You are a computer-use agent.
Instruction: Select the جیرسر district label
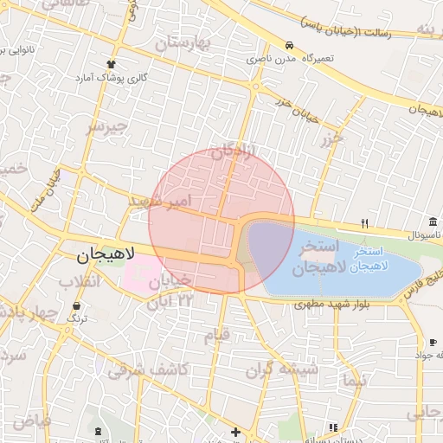[106, 127]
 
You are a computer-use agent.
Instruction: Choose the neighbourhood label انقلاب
[80, 282]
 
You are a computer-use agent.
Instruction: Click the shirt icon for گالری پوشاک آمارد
[110, 64]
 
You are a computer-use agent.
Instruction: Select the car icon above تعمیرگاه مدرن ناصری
[289, 46]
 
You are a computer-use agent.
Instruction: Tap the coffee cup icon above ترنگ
[77, 306]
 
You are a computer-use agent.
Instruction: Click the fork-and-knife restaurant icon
[364, 223]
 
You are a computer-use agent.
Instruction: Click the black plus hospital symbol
[235, 431]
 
